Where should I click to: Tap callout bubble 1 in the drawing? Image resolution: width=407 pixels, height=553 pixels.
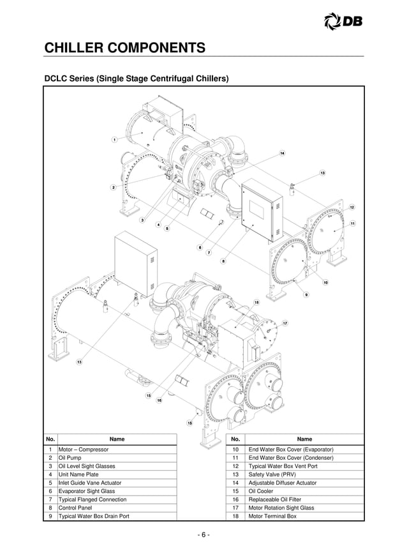(114, 139)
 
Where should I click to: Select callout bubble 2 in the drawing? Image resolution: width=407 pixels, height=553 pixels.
(114, 187)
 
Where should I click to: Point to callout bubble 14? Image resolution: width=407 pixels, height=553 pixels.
(281, 153)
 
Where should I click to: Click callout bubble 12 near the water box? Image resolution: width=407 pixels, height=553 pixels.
(352, 208)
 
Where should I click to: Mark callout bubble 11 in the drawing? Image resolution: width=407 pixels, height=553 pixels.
(352, 223)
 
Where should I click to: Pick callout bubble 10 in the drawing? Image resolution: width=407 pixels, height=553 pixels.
(325, 282)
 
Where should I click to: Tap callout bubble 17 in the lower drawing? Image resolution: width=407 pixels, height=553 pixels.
(285, 324)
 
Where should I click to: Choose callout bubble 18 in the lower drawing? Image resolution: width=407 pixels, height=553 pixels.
(256, 301)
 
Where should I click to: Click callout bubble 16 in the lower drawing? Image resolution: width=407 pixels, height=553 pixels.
(159, 400)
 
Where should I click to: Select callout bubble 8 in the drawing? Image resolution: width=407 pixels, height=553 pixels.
(223, 261)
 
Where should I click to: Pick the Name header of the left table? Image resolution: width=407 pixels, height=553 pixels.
(117, 439)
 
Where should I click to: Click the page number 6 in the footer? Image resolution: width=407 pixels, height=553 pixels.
(203, 534)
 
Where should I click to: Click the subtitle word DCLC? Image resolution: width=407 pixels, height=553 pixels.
(58, 80)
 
